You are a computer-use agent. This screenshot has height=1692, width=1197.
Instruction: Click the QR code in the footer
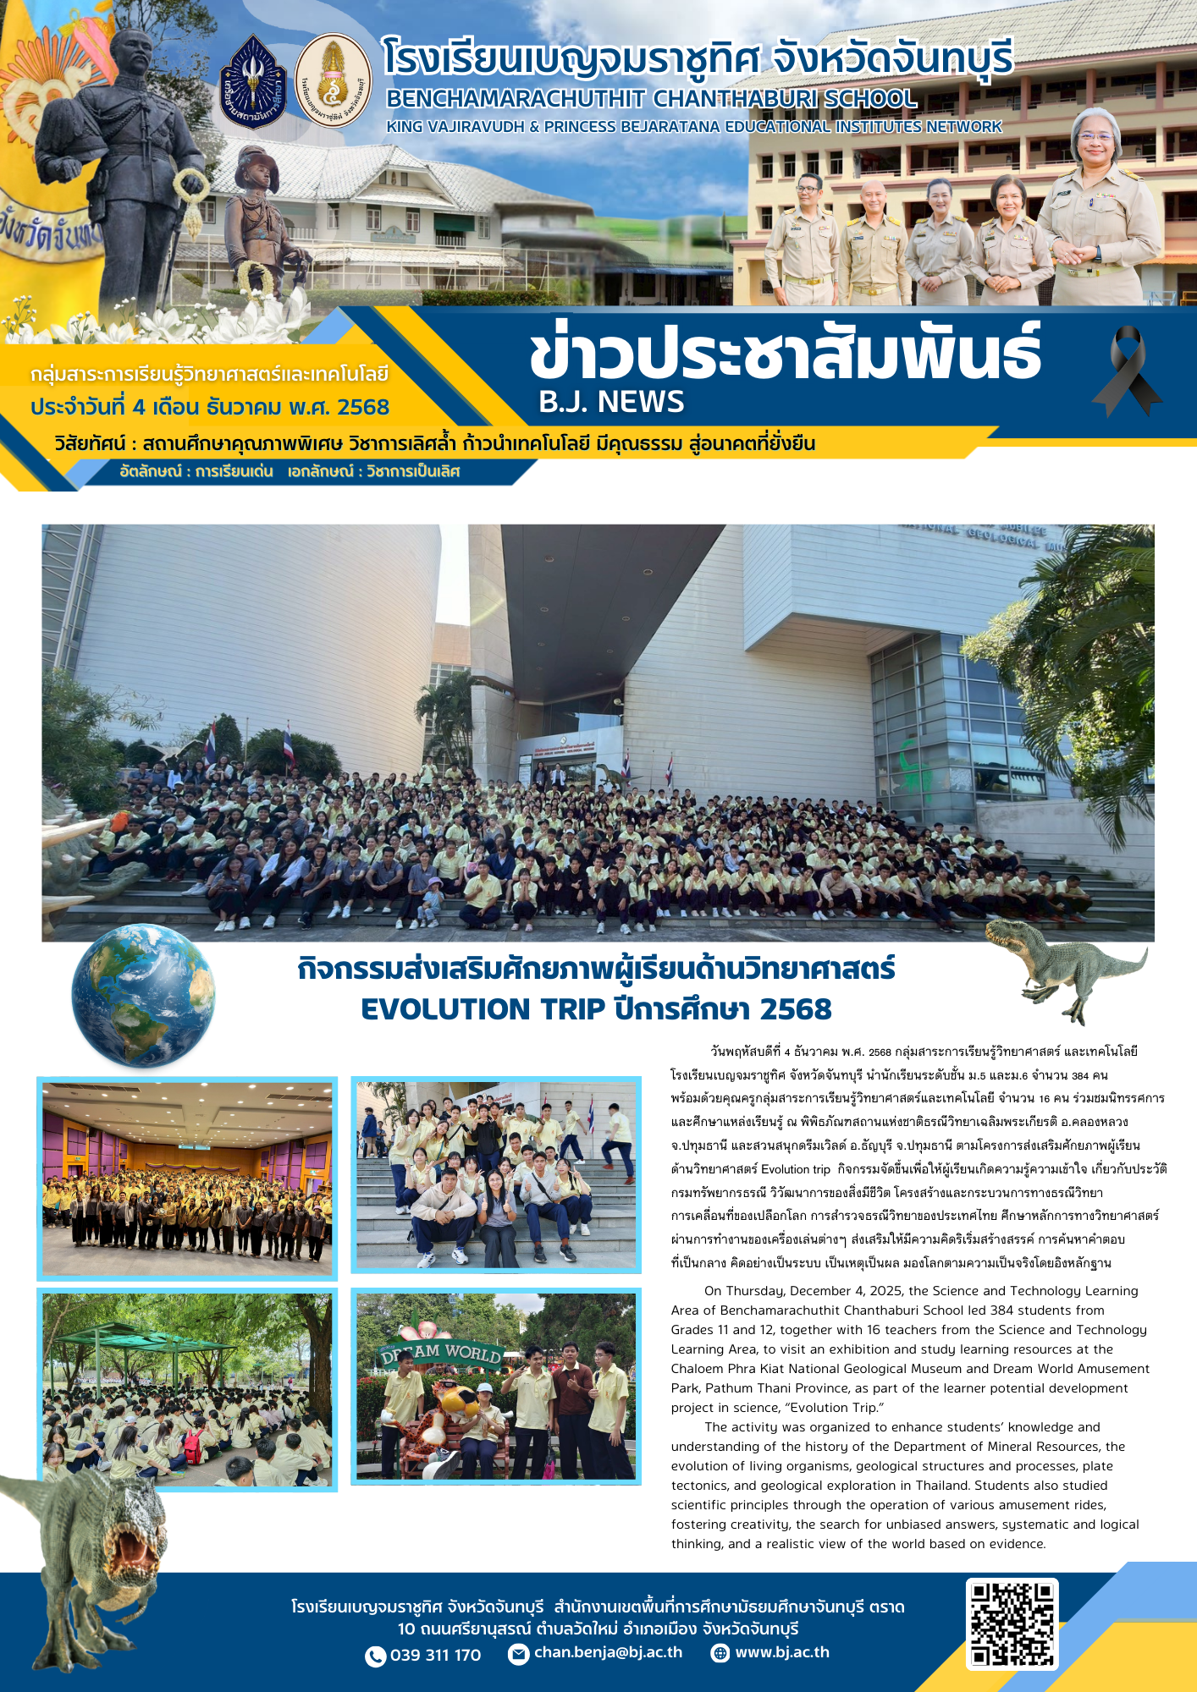point(1012,1623)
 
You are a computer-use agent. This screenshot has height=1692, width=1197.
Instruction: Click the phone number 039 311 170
point(435,1656)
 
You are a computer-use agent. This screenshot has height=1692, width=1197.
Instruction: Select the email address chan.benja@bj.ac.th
point(608,1652)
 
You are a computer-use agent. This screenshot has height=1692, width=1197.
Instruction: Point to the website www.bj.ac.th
point(781,1652)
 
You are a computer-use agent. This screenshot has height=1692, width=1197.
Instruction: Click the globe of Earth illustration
point(143,995)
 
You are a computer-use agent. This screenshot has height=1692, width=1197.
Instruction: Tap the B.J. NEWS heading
point(611,402)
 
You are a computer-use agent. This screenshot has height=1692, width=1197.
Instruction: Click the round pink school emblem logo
point(333,81)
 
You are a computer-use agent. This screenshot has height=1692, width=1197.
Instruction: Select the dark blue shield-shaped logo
point(253,82)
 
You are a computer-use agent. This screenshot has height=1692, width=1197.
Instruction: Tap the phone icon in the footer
point(375,1656)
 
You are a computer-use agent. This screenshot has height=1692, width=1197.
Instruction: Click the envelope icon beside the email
point(518,1654)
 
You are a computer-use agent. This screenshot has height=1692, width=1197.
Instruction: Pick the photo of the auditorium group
point(187,1178)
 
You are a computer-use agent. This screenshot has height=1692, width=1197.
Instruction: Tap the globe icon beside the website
point(720,1653)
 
